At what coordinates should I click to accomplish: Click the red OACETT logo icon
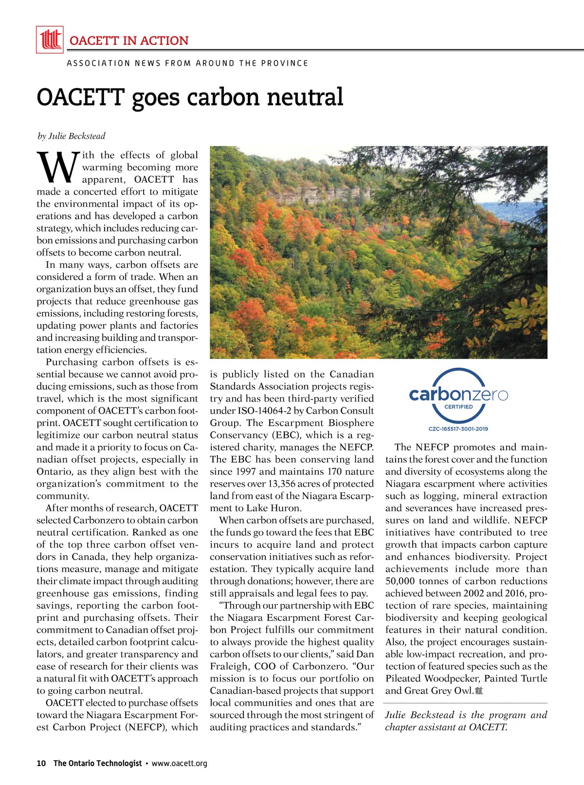(x=50, y=39)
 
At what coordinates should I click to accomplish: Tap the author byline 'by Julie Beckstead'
(x=72, y=136)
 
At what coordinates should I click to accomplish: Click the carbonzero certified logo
(x=458, y=395)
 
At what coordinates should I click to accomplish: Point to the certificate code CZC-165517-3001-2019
(x=458, y=429)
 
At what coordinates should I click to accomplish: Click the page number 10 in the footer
(x=41, y=763)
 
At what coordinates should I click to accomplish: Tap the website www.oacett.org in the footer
(x=179, y=763)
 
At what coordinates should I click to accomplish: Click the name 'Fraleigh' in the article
(x=229, y=666)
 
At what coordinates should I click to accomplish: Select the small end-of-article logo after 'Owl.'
(x=479, y=691)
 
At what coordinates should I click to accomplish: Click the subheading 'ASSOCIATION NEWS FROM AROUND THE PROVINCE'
(x=187, y=63)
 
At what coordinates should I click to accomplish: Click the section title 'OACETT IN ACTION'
(x=129, y=40)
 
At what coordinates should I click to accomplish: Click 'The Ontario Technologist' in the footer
(x=97, y=763)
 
